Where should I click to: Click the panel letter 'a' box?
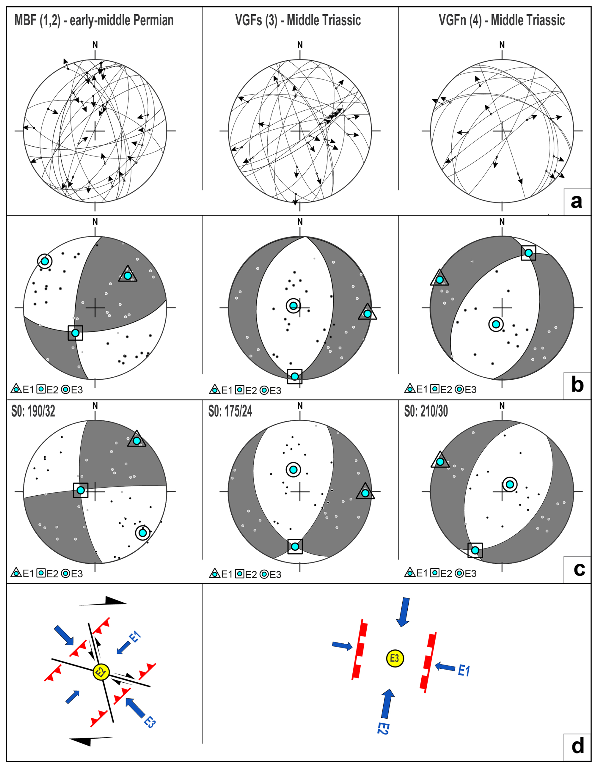(577, 202)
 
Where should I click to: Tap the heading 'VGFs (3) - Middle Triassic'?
(298, 20)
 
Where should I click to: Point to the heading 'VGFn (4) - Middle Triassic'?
(502, 20)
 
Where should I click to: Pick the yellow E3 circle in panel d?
(395, 658)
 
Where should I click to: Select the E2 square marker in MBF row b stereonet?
(75, 333)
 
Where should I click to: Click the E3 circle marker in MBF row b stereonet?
(45, 261)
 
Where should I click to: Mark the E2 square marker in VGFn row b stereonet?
(528, 252)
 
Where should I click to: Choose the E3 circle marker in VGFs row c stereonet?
(293, 469)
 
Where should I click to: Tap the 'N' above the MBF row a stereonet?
(95, 45)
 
